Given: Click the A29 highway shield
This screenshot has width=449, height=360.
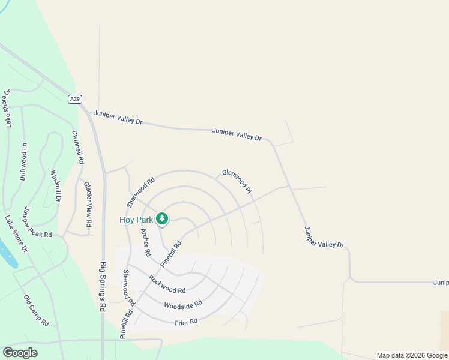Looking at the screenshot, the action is pyautogui.click(x=74, y=100).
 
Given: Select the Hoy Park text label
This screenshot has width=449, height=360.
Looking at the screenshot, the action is pyautogui.click(x=136, y=220).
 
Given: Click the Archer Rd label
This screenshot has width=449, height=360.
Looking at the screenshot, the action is pyautogui.click(x=145, y=242).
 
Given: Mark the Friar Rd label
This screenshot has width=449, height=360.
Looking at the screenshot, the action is pyautogui.click(x=186, y=323).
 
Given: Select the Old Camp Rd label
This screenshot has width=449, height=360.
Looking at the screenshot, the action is pyautogui.click(x=36, y=310).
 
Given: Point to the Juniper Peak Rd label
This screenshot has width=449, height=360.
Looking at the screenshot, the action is pyautogui.click(x=38, y=223).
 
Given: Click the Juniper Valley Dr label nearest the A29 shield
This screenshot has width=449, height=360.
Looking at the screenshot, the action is pyautogui.click(x=118, y=116).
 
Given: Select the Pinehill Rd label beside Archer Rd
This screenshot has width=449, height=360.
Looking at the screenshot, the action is pyautogui.click(x=170, y=254).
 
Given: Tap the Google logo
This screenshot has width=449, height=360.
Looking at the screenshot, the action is pyautogui.click(x=20, y=353).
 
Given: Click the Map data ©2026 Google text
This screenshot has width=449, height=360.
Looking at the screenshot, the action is pyautogui.click(x=412, y=355).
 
